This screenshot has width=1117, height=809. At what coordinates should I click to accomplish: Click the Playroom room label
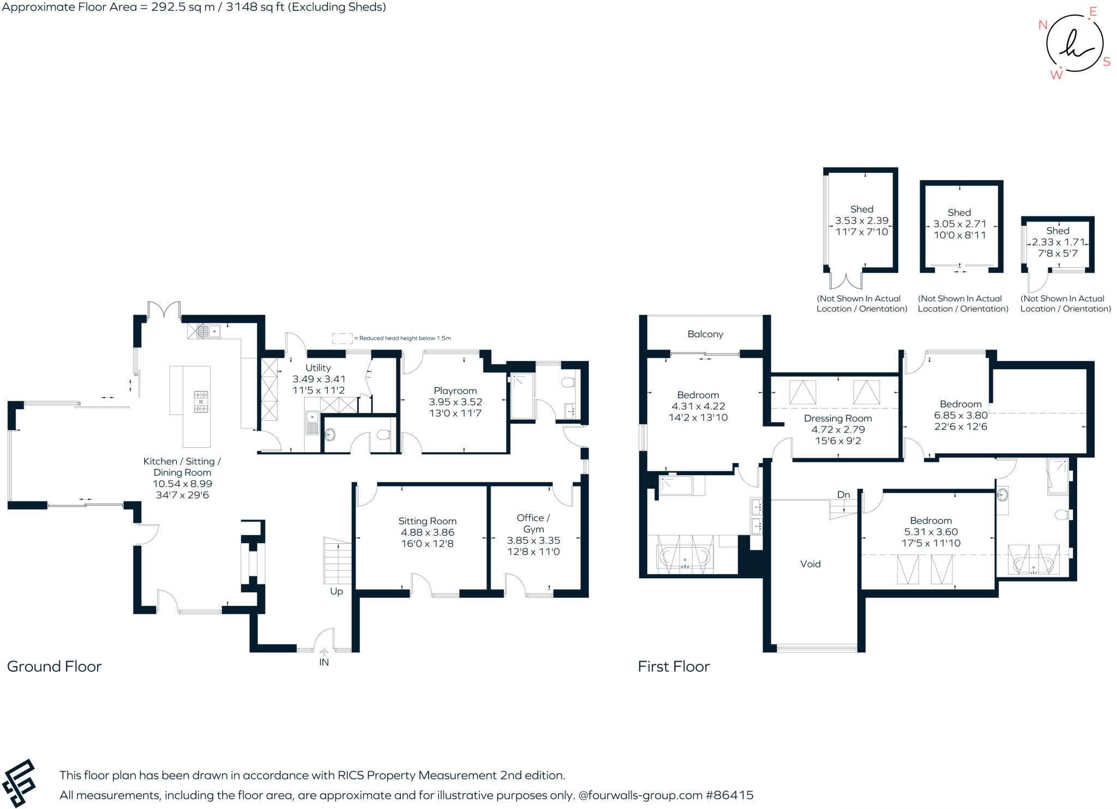[x=455, y=391]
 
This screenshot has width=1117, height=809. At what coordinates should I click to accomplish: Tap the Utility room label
[x=318, y=368]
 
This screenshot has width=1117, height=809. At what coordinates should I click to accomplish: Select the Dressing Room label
[x=838, y=418]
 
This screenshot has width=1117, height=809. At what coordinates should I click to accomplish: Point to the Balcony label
[x=705, y=334]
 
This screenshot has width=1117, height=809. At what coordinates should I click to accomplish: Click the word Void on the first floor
[x=810, y=564]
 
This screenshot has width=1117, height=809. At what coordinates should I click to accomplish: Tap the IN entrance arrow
[x=324, y=651]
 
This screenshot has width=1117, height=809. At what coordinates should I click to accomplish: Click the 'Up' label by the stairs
[x=337, y=591]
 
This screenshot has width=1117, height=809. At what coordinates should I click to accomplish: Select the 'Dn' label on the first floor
[x=844, y=495]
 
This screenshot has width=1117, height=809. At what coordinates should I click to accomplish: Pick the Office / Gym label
[x=533, y=523]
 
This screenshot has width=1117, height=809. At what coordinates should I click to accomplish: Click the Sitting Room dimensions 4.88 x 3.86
[x=428, y=532]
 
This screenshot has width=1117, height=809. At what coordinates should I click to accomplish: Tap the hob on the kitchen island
[x=201, y=401]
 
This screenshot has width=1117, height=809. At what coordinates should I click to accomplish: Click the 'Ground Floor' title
[x=55, y=667]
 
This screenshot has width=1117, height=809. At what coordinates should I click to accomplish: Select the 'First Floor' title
[x=674, y=667]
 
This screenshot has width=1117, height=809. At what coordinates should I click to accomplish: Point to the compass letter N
[x=1043, y=25]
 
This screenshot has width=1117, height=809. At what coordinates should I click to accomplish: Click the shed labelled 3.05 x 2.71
[x=962, y=226]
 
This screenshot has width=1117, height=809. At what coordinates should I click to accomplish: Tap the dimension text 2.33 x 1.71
[x=1058, y=242]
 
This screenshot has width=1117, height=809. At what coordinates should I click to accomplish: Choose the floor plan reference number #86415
[x=730, y=795]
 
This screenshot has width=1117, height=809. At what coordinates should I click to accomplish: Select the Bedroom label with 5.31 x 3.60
[x=931, y=520]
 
